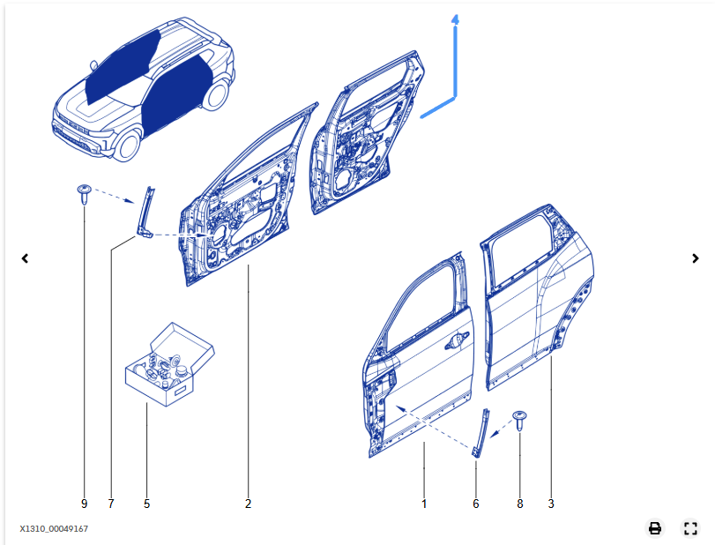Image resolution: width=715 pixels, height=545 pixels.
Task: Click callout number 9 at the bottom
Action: tap(84, 504)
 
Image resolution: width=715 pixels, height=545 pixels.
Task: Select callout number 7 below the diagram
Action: tap(111, 504)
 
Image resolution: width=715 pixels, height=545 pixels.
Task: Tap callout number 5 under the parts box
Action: tap(146, 504)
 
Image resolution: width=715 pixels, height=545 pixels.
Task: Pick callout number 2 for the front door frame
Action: tap(248, 504)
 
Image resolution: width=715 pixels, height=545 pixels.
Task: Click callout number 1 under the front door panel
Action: tap(424, 504)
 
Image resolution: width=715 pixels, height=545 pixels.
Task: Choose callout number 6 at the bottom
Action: tap(476, 504)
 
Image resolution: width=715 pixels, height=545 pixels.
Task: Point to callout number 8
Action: tap(519, 504)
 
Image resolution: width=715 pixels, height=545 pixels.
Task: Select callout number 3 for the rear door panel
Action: tap(551, 504)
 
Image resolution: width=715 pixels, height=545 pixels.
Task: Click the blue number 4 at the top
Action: tap(455, 19)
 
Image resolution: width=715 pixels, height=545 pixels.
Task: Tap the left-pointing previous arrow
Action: tap(26, 258)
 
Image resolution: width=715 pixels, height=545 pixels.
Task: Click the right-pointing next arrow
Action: tap(696, 258)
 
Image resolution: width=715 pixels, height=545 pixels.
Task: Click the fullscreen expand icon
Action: tap(691, 528)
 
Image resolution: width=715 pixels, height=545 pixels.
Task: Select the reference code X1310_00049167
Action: tap(54, 528)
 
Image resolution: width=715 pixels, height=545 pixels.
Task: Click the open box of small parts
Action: tap(170, 364)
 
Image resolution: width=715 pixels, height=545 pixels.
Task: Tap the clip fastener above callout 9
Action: tap(84, 193)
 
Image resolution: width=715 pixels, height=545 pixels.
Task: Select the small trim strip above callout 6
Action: tap(480, 432)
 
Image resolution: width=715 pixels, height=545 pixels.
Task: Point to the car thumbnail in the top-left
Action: tap(141, 88)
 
